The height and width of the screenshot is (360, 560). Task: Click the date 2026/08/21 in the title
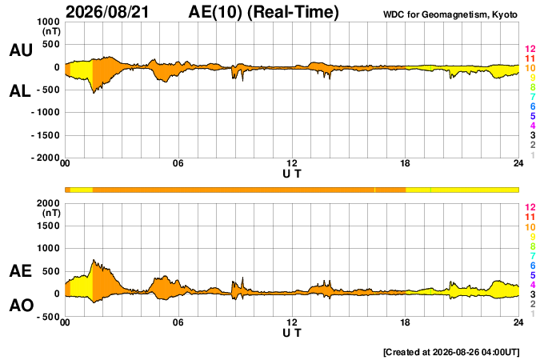click(107, 12)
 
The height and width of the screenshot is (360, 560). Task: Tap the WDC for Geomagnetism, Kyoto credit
click(450, 14)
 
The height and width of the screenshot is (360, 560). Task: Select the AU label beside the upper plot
click(21, 50)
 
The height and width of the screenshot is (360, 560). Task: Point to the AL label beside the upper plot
click(20, 91)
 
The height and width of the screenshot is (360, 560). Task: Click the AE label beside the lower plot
click(20, 271)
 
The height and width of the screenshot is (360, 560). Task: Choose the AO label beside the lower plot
click(22, 306)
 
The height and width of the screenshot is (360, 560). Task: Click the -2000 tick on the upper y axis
click(46, 158)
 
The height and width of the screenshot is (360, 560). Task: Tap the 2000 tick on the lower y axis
click(48, 203)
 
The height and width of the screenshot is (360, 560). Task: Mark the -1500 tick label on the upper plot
click(46, 135)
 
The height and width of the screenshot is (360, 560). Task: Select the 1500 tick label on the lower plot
click(48, 226)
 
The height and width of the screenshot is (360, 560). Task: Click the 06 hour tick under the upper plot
click(178, 163)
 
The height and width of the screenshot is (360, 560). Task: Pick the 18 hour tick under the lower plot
click(405, 322)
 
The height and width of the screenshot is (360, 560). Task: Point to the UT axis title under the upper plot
click(292, 174)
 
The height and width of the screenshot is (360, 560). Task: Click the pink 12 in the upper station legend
click(530, 49)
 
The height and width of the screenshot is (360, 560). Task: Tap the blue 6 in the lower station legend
click(533, 266)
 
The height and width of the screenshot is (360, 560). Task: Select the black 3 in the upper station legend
click(533, 135)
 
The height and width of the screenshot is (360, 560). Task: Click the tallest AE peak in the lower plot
click(94, 260)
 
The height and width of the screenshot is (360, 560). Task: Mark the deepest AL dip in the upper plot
click(94, 94)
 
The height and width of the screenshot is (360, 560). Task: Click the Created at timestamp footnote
click(451, 352)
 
